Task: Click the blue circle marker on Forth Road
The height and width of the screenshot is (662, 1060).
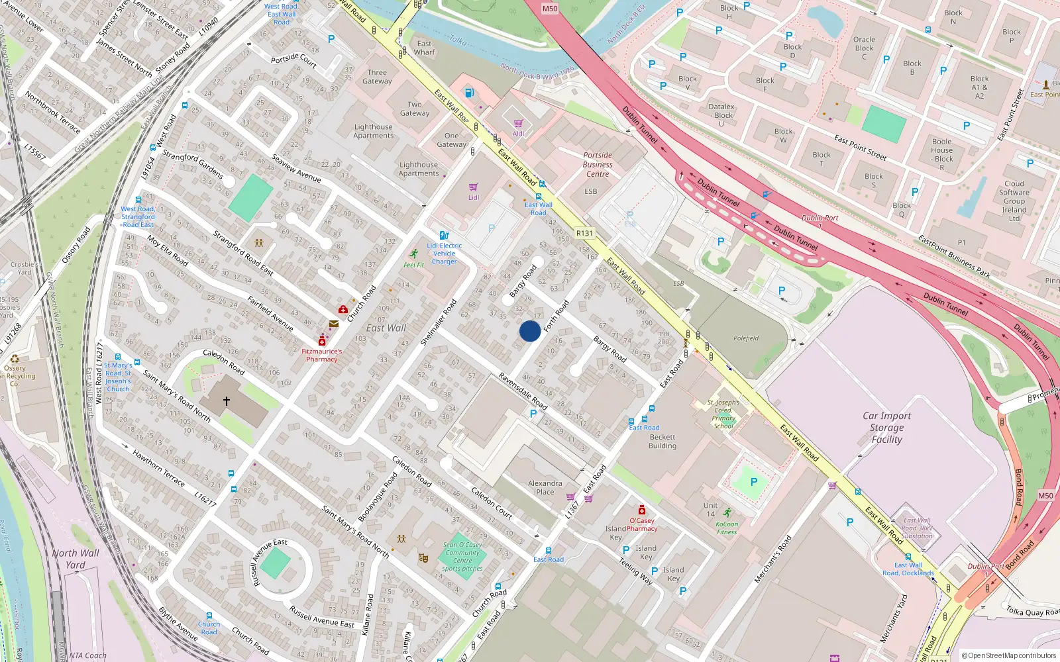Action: [x=530, y=331]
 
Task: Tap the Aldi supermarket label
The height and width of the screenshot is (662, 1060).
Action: [x=518, y=134]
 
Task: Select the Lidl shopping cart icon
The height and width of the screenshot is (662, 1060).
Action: [x=473, y=187]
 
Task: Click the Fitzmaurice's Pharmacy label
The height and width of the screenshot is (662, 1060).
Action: [x=322, y=355]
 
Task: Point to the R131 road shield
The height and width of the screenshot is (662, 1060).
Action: [x=584, y=233]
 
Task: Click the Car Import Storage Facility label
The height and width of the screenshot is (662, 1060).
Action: [x=886, y=428]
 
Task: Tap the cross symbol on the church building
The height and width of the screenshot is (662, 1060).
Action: [x=227, y=401]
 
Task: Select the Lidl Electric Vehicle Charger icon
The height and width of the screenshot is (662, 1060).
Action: [x=444, y=235]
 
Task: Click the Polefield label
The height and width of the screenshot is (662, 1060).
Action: [x=746, y=338]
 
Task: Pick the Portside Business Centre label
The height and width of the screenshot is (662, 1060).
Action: [x=598, y=165]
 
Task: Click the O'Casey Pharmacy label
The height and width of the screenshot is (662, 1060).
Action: [x=641, y=524]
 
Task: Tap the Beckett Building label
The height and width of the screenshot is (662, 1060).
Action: [x=662, y=442]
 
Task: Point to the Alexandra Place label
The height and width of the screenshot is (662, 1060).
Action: [x=545, y=488]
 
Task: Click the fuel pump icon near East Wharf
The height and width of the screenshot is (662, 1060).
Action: [x=470, y=93]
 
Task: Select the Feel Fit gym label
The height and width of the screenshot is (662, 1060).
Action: [x=414, y=265]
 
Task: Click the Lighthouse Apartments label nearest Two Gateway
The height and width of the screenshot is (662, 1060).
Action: [x=374, y=131]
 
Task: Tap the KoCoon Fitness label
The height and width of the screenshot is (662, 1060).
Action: [x=727, y=528]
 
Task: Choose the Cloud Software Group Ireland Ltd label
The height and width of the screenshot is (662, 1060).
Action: [x=1014, y=201]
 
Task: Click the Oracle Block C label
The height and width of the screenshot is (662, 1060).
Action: [x=864, y=48]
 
